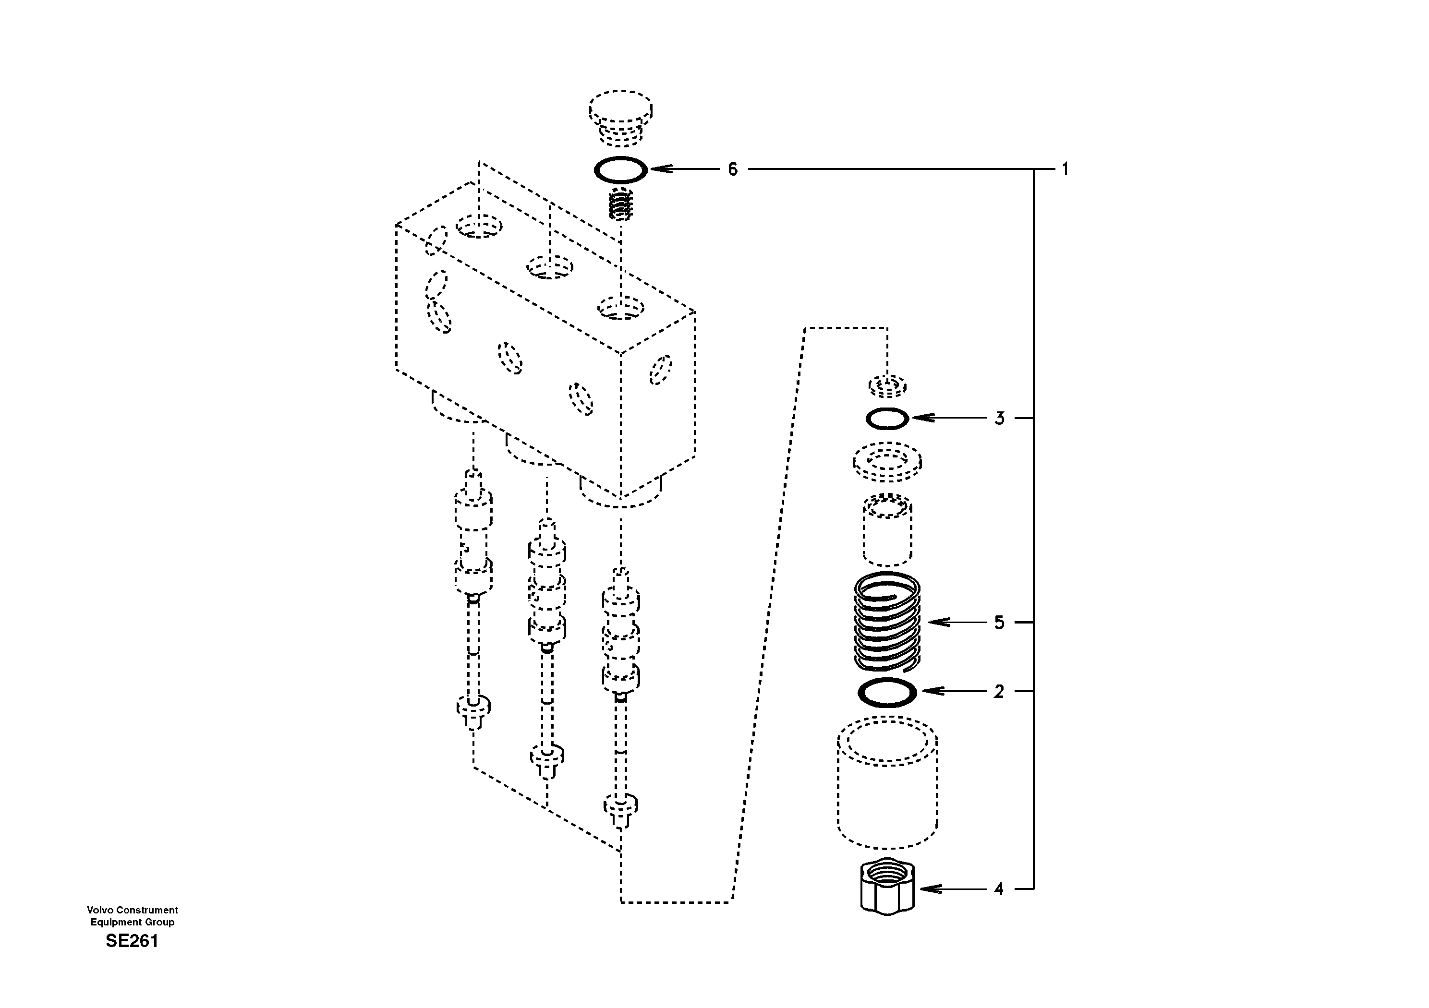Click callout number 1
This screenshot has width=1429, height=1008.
[x=1065, y=169]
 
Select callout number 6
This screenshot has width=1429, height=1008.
[x=733, y=169]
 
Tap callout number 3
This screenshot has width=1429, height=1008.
[x=999, y=418]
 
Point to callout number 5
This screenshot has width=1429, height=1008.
[x=999, y=622]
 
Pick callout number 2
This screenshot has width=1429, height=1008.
[x=999, y=691]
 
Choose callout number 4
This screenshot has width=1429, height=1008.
[x=999, y=889]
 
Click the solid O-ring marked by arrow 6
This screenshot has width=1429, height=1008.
[x=620, y=169]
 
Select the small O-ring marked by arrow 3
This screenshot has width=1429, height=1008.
[x=887, y=419]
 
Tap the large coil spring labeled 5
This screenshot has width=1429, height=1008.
[x=887, y=622]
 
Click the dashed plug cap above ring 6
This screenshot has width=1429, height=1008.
[x=620, y=113]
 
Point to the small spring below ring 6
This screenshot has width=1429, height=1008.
[x=620, y=204]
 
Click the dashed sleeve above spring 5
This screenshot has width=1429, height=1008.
[x=887, y=528]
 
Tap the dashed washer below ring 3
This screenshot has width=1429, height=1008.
[x=887, y=462]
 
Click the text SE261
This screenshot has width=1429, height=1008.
[x=132, y=941]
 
